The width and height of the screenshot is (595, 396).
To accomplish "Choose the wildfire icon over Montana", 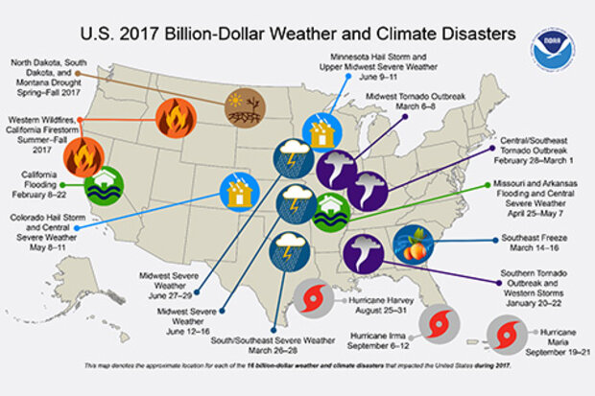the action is point(176,117).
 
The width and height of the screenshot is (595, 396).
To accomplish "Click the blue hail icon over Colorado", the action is point(237,192).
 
